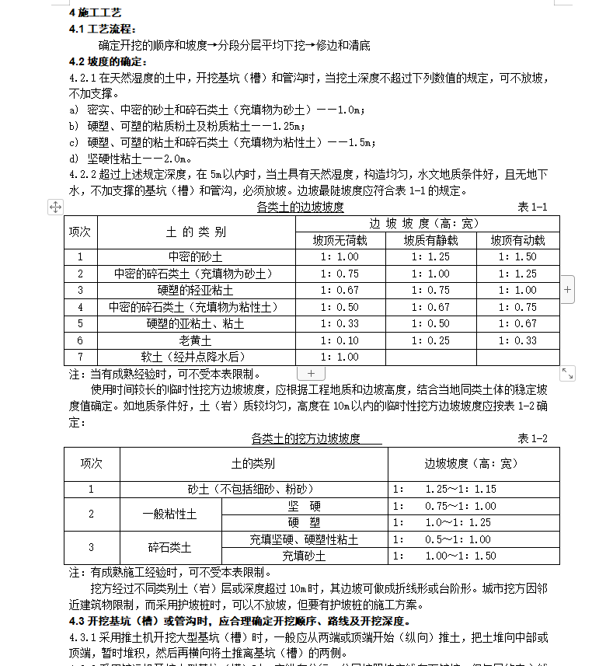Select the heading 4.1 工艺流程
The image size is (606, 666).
click(x=96, y=29)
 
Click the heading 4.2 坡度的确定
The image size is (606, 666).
click(x=96, y=61)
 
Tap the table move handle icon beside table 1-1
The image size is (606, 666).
click(x=55, y=207)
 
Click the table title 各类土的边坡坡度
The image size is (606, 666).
click(x=300, y=207)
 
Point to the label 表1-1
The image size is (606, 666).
click(x=532, y=207)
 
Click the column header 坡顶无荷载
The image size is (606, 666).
click(x=340, y=240)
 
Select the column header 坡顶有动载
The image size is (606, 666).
click(x=517, y=240)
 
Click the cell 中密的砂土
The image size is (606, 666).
click(x=196, y=256)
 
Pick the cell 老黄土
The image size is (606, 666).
click(x=196, y=340)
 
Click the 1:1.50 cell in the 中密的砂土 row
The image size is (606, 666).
click(x=517, y=256)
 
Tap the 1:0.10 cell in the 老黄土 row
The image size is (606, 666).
click(x=340, y=340)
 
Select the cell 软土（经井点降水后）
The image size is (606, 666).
click(x=196, y=357)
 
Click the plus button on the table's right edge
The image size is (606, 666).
click(x=568, y=289)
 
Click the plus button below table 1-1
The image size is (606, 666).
click(x=311, y=374)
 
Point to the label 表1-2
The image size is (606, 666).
click(x=532, y=438)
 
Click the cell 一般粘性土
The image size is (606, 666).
click(x=169, y=514)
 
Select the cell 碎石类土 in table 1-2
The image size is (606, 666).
click(x=169, y=547)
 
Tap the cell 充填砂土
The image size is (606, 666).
click(x=304, y=556)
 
